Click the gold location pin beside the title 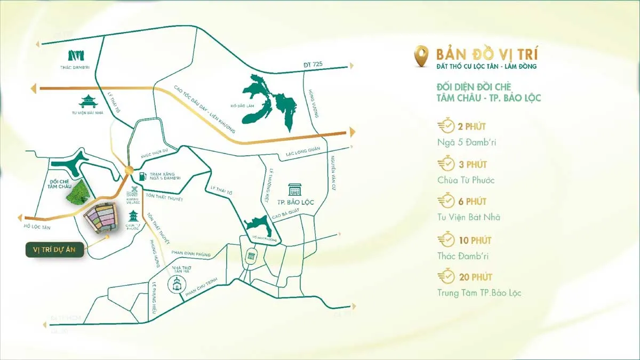421,55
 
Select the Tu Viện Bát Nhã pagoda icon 86,101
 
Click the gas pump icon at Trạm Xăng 141,175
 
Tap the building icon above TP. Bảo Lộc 294,190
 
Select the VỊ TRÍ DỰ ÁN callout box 54,250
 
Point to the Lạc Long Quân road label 302,151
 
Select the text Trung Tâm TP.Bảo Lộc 478,293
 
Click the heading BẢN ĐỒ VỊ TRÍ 487,54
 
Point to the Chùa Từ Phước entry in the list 466,180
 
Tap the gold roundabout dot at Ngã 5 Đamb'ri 129,170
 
